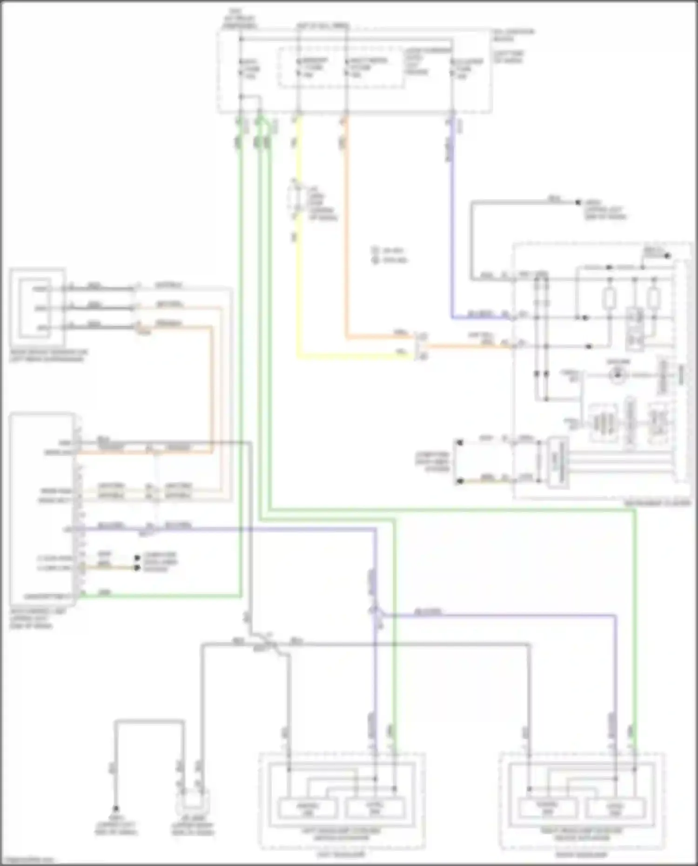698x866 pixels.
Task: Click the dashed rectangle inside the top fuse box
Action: pos(341,67)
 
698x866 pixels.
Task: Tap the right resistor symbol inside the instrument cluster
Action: pos(654,298)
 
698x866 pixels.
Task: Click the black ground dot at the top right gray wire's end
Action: pos(578,202)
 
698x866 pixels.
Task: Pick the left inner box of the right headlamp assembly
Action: pos(548,808)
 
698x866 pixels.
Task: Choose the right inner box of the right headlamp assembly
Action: pos(615,809)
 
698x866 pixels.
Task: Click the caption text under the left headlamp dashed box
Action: pos(341,854)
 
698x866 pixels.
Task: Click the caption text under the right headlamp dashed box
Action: pos(582,854)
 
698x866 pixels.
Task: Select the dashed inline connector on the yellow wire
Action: pos(295,200)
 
